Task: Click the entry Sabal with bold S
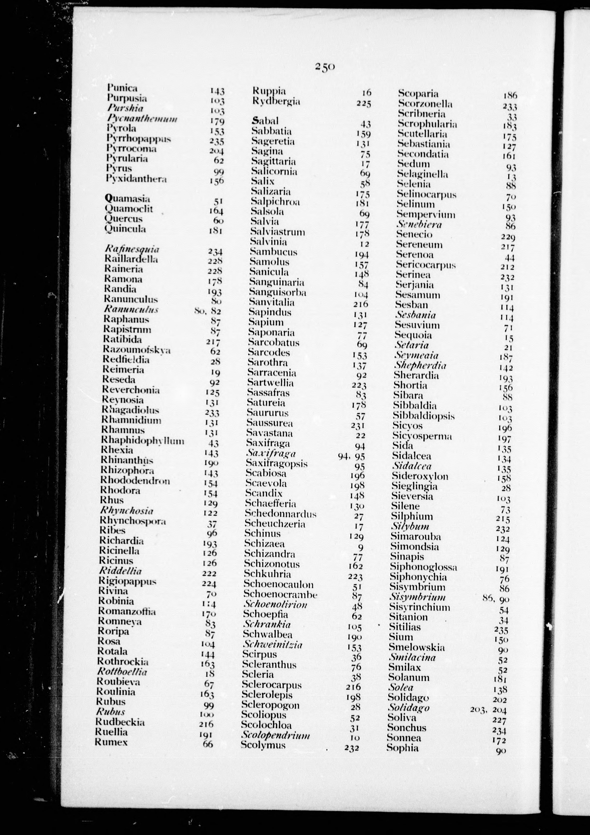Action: [265, 121]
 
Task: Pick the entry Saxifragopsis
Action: [277, 463]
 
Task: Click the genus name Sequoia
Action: [413, 335]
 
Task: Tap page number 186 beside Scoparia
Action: [510, 96]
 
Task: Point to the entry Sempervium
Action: [425, 214]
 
